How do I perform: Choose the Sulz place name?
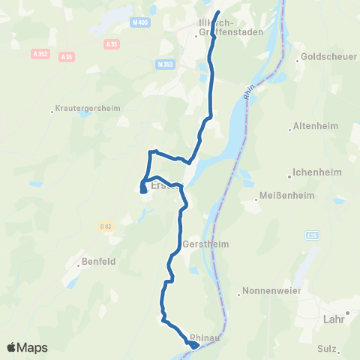(x=326, y=348)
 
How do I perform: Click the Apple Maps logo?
(x=27, y=347)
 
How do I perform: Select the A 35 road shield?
(x=67, y=56)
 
